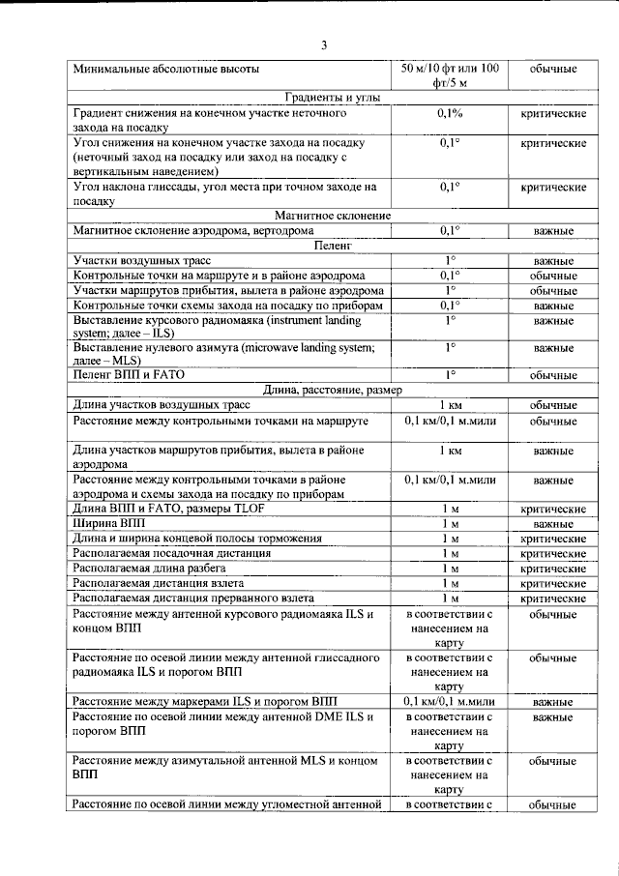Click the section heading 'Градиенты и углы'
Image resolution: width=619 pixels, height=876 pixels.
pos(325,99)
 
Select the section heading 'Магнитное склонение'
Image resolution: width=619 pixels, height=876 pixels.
pos(324,215)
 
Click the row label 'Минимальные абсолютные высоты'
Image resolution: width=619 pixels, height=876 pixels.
pos(165,70)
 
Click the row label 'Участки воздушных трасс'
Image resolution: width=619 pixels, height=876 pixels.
pos(141,261)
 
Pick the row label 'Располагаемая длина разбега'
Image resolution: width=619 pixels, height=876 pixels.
pos(157,569)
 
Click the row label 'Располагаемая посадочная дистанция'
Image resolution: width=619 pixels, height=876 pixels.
pos(172,553)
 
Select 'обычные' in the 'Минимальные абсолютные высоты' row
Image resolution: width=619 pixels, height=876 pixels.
pos(553,70)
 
